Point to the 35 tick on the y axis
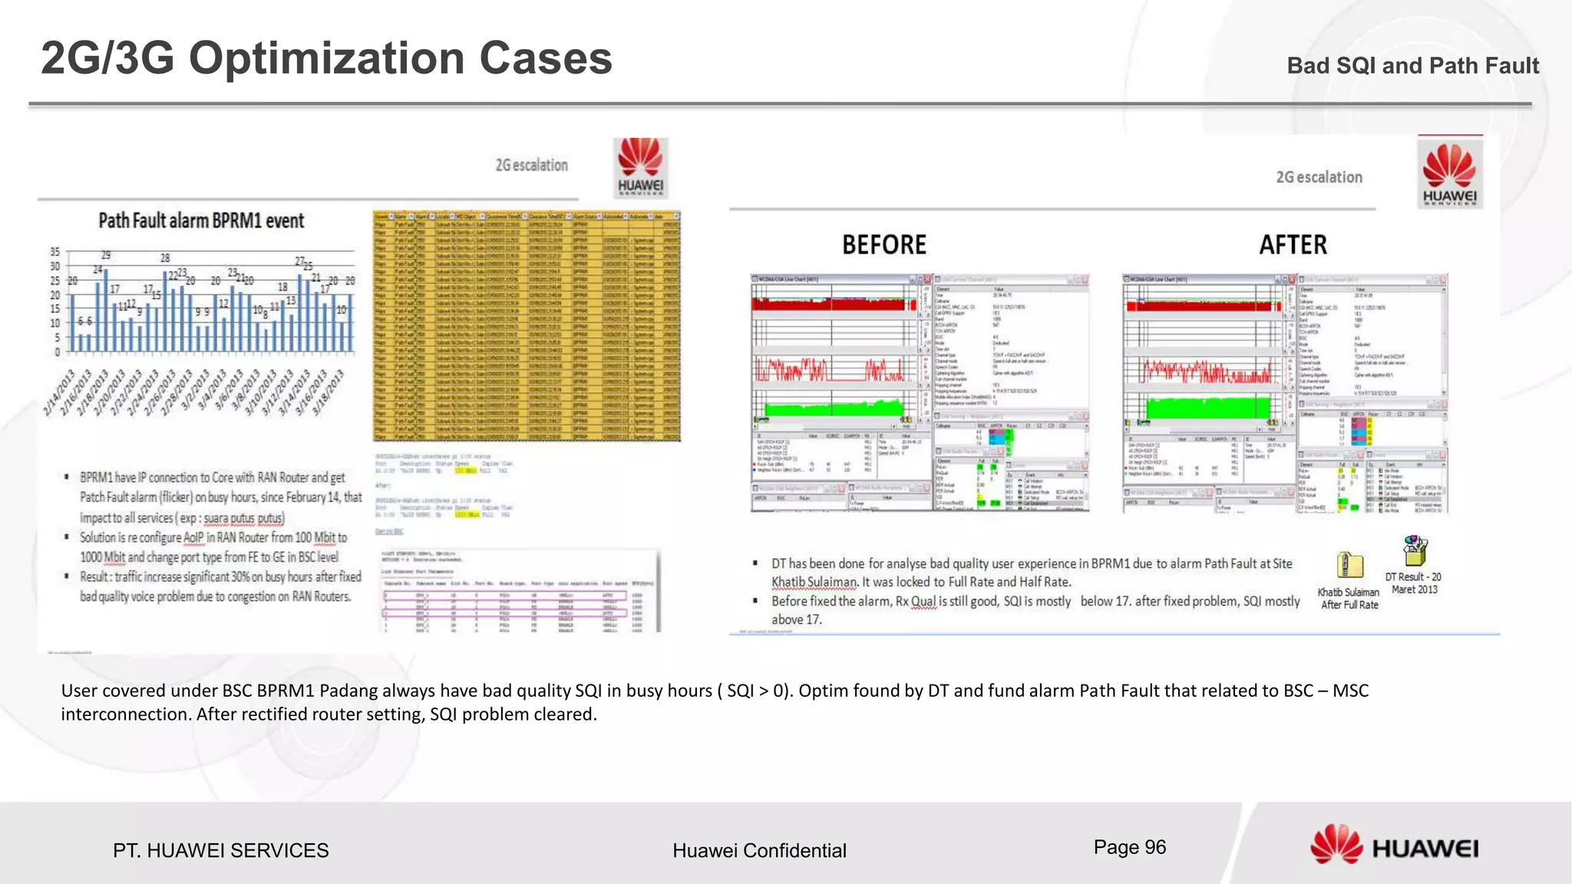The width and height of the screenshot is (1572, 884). pos(54,252)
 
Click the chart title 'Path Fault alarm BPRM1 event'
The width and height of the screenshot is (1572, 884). pos(201,221)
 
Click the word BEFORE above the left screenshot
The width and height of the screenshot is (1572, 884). pos(884,245)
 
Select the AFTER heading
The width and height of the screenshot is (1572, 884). pos(1293,245)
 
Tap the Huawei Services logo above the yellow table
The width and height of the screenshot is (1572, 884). pos(640,168)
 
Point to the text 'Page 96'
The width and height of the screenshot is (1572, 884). pos(1129,847)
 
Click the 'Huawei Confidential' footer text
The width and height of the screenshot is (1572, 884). pos(759,850)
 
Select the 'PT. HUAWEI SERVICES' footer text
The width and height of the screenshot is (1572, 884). pos(220,850)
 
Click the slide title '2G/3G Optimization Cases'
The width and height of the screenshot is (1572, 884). pos(326,58)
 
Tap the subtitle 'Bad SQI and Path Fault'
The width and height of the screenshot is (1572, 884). pos(1412,66)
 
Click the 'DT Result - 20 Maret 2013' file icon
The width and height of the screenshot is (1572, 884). pos(1414,550)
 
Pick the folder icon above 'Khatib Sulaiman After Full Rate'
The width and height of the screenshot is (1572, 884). pos(1349,566)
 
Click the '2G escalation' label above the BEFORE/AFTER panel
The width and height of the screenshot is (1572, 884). pos(1319,177)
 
